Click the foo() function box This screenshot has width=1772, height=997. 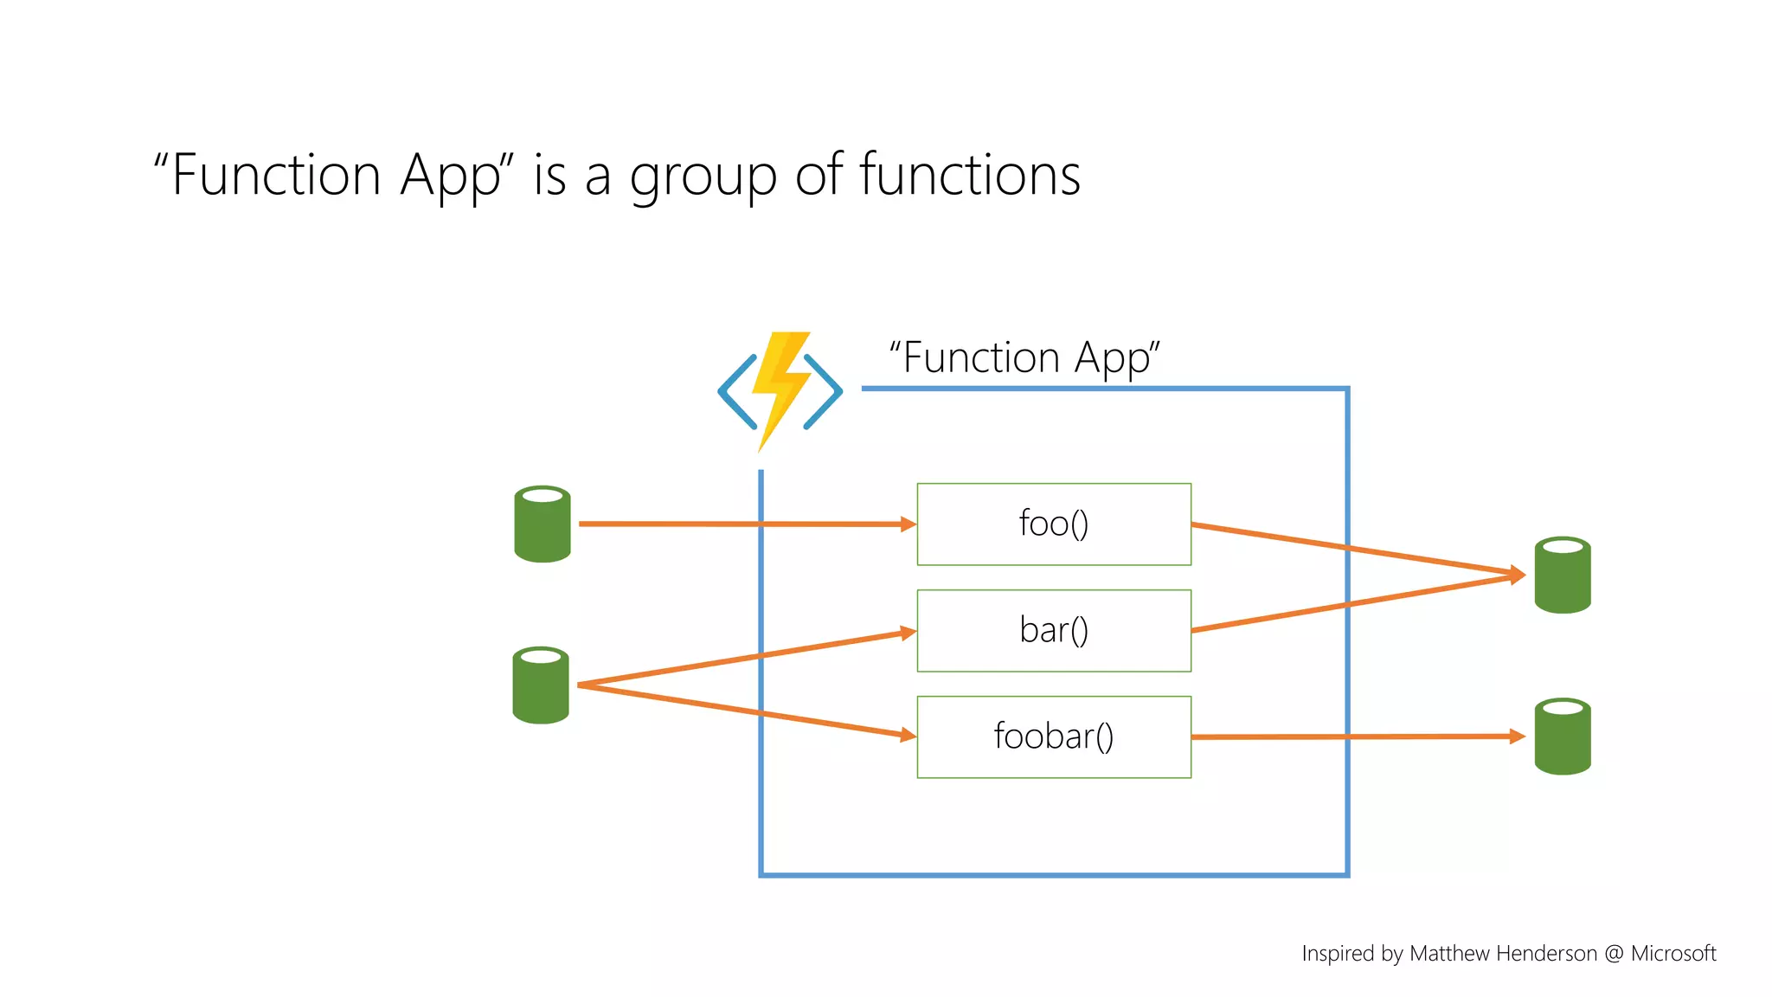pos(1053,524)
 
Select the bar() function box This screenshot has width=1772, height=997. pos(1053,630)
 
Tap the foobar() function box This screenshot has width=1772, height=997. pos(1053,736)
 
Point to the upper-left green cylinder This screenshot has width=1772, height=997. pos(543,524)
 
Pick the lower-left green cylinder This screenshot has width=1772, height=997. pos(541,685)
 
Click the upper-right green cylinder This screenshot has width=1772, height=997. pos(1562,576)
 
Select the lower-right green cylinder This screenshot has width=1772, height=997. pos(1562,736)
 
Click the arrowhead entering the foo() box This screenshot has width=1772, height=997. pos(908,524)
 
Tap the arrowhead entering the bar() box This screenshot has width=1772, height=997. pos(908,633)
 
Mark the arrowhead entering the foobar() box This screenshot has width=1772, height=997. pos(908,735)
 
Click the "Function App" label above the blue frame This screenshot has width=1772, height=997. pos(1024,357)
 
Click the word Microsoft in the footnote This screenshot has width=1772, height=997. pos(1672,953)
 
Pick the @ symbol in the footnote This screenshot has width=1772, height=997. pos(1614,954)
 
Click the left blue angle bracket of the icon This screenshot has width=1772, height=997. pos(736,392)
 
